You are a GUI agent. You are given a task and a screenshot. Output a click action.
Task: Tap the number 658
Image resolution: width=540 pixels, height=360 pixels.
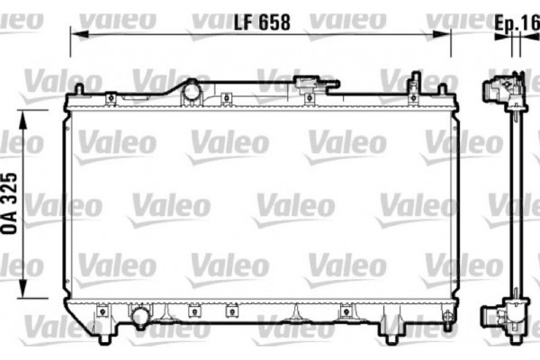275,24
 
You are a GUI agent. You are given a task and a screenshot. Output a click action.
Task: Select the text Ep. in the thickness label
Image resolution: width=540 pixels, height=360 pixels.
505,24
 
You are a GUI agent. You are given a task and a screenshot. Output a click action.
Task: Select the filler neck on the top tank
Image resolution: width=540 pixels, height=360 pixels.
191,90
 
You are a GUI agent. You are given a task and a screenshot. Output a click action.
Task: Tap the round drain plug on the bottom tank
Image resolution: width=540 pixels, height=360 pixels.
140,317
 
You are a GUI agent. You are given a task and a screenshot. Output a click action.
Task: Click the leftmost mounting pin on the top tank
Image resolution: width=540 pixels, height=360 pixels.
78,90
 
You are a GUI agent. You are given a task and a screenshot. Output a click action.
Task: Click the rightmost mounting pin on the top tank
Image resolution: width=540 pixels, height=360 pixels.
442,91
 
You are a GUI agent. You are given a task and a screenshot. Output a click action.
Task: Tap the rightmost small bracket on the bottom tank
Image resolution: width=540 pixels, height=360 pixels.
346,312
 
